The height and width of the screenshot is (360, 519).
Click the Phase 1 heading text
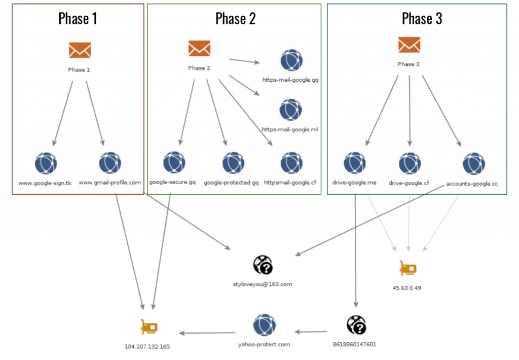(78, 19)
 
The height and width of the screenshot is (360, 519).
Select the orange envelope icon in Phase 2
(199, 49)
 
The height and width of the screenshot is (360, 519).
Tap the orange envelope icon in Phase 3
(409, 45)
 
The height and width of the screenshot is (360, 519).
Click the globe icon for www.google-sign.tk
(46, 164)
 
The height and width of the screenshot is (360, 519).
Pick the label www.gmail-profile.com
(110, 183)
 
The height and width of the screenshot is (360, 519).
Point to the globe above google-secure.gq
(174, 163)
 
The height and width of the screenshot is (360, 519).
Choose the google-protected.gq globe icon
(233, 163)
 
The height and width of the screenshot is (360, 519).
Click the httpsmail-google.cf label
(291, 182)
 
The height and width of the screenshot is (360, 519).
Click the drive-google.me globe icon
(354, 164)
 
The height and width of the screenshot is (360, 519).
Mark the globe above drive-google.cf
(410, 164)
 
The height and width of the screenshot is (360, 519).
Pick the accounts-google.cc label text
(472, 184)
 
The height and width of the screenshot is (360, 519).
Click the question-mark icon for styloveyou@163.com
(263, 265)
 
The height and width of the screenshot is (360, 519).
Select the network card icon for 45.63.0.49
(408, 269)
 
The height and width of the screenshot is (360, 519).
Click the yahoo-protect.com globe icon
(264, 325)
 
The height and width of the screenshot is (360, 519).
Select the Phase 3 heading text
(422, 19)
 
